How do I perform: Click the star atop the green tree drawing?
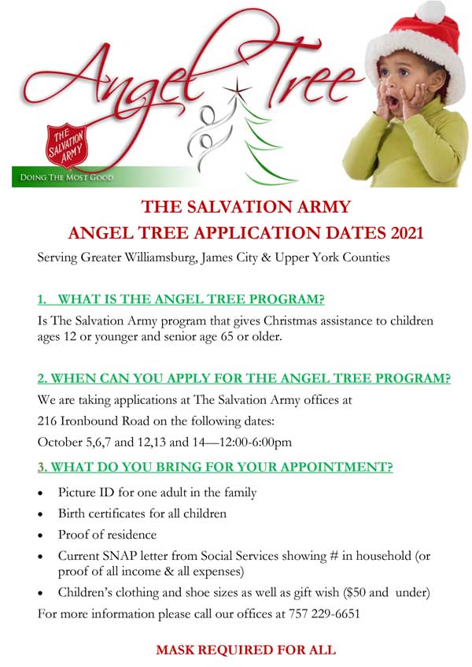[x=233, y=88]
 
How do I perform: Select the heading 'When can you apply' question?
[x=244, y=377]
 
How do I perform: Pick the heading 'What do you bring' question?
[x=216, y=466]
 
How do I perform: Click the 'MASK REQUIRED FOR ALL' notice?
[x=245, y=650]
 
